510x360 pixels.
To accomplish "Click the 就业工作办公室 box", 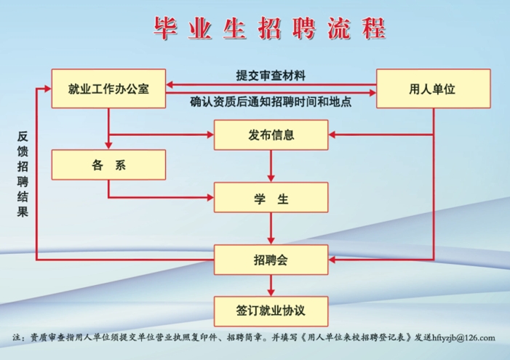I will click(x=108, y=89).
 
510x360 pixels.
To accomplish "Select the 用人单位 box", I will click(x=432, y=89).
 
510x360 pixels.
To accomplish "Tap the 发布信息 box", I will click(x=271, y=135).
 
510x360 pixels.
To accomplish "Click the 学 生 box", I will click(x=271, y=197).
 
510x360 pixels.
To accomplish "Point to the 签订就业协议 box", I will click(x=271, y=311).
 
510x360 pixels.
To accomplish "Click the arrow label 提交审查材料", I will click(x=271, y=75).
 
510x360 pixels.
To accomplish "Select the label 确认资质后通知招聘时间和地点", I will click(x=271, y=103).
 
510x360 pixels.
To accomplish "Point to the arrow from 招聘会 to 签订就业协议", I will click(x=271, y=285).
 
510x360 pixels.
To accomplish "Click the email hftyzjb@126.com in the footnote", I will click(x=463, y=337).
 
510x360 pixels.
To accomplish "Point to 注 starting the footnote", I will click(x=18, y=337).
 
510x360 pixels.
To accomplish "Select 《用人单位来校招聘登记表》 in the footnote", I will click(x=358, y=337).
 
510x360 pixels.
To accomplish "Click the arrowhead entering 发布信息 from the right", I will click(x=334, y=135).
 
